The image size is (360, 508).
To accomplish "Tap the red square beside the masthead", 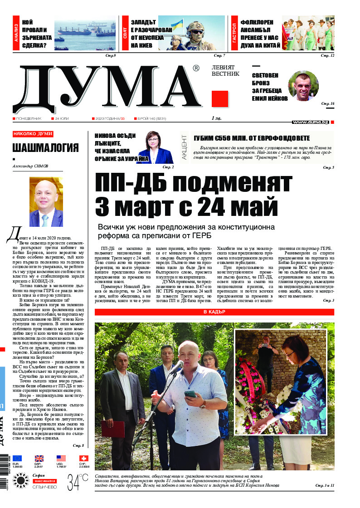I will click(x=220, y=98).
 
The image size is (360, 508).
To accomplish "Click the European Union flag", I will click(x=17, y=459).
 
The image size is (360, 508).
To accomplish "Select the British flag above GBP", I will click(x=39, y=459).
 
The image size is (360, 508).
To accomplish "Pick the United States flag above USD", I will click(x=61, y=459).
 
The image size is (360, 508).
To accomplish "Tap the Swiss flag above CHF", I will click(x=83, y=459).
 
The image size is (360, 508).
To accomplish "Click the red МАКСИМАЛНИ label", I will click(x=44, y=480).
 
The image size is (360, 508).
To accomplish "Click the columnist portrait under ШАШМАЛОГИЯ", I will click(x=46, y=202).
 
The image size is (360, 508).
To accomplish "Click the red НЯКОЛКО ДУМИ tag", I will click(x=33, y=134).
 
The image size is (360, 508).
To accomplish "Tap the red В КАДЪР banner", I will click(x=214, y=312).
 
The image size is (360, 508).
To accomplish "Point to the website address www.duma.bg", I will click(x=311, y=122).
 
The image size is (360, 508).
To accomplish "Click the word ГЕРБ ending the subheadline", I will click(x=202, y=236).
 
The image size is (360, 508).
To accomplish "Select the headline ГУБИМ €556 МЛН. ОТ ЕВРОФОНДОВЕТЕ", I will click(x=252, y=138).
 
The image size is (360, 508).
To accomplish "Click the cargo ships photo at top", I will click(x=84, y=33).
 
